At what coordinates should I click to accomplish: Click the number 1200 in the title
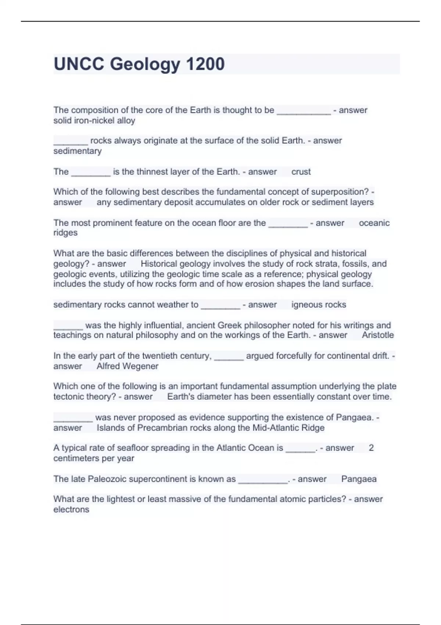point(205,64)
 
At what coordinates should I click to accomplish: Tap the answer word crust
point(301,172)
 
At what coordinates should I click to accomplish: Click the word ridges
point(65,233)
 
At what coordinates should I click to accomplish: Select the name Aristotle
point(378,335)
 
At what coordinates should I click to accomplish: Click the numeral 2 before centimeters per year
point(371,448)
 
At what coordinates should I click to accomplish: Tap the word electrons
point(71,510)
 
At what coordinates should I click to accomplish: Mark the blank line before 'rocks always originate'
point(71,141)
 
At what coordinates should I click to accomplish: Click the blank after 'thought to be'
point(304,110)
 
